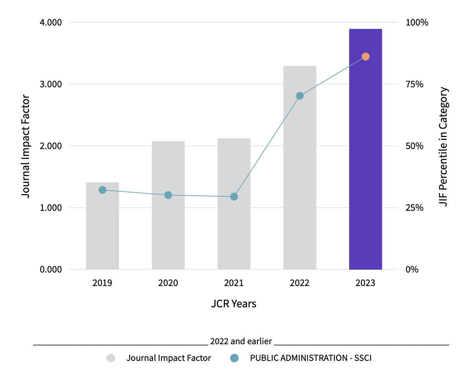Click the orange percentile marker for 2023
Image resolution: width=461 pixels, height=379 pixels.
365,57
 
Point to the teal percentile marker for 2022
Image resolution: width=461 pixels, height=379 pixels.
300,96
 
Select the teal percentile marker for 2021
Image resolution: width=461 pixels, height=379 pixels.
234,197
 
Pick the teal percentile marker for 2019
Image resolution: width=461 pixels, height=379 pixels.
102,190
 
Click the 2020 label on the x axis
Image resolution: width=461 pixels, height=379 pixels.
168,283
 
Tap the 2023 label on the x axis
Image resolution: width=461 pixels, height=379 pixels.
365,283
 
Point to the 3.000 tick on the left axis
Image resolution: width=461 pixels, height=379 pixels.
51,84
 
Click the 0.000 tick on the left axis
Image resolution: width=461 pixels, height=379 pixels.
51,269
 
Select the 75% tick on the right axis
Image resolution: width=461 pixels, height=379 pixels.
414,84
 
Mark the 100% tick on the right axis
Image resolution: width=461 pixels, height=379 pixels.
417,22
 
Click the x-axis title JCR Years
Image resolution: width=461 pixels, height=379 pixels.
234,304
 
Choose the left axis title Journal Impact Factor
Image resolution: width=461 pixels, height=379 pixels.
26,146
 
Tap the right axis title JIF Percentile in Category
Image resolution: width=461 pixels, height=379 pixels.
443,146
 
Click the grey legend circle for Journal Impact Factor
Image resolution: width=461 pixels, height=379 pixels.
111,358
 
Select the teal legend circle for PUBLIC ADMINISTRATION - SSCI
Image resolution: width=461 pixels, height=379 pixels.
234,358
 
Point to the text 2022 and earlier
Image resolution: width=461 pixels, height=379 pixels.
241,341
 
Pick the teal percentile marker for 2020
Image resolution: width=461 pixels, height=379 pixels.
168,195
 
